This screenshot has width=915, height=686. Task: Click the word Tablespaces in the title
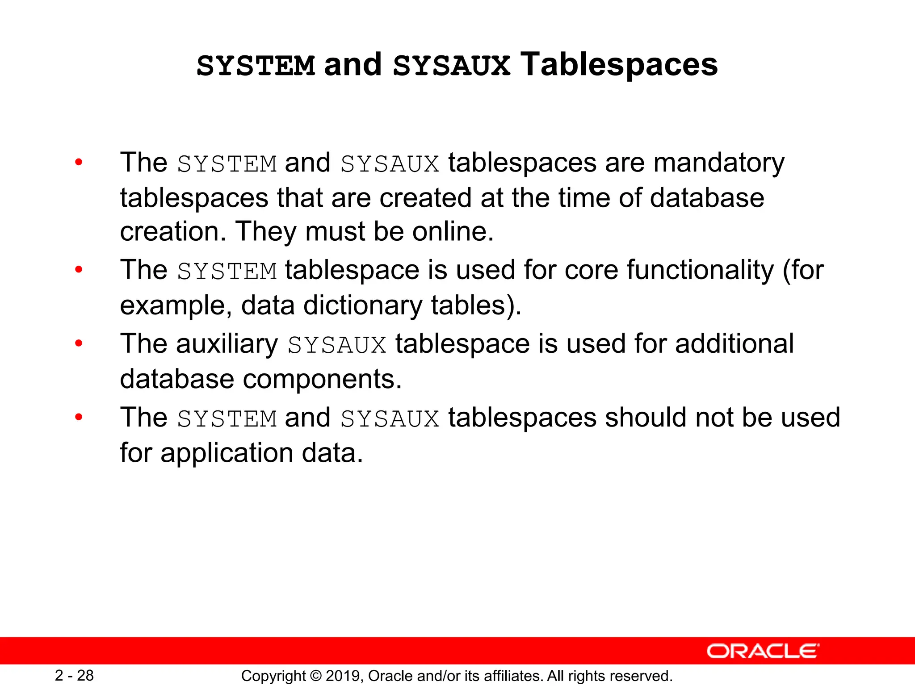pyautogui.click(x=619, y=65)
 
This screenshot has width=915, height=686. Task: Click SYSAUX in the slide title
pyautogui.click(x=451, y=66)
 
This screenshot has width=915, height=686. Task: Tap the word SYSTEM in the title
pyautogui.click(x=256, y=66)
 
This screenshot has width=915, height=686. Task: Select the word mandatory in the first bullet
pyautogui.click(x=719, y=163)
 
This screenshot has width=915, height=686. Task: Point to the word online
pyautogui.click(x=453, y=232)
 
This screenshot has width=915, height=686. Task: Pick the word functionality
pyautogui.click(x=700, y=271)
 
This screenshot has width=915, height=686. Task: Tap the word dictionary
pyautogui.click(x=362, y=305)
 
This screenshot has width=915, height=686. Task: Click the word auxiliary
pyautogui.click(x=227, y=344)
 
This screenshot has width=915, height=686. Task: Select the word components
pyautogui.click(x=322, y=379)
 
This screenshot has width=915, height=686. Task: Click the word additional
pyautogui.click(x=734, y=344)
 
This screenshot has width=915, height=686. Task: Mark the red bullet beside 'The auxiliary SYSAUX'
pyautogui.click(x=79, y=343)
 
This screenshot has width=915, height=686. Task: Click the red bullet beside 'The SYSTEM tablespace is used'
pyautogui.click(x=79, y=270)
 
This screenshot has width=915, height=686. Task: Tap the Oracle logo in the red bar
pyautogui.click(x=763, y=651)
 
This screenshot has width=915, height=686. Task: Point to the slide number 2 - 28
pyautogui.click(x=74, y=675)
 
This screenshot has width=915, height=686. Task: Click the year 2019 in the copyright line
pyautogui.click(x=344, y=676)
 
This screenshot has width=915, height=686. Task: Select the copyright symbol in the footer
pyautogui.click(x=315, y=676)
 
